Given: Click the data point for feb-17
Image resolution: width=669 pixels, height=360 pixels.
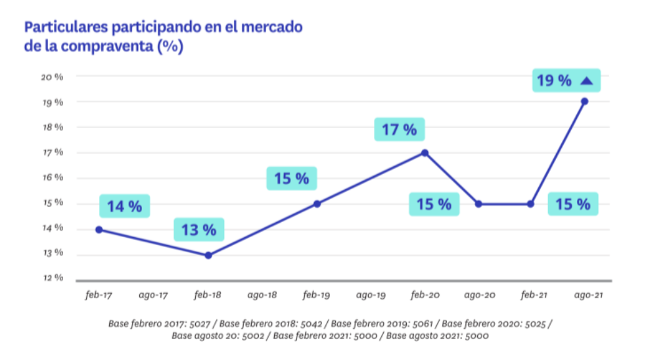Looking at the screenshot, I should pyautogui.click(x=99, y=229).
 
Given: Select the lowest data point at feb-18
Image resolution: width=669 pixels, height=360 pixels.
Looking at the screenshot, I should pyautogui.click(x=208, y=255).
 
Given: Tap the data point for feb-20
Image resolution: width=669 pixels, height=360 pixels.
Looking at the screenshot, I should pyautogui.click(x=425, y=153).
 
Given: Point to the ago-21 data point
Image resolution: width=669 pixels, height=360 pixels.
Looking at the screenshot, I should pyautogui.click(x=584, y=101).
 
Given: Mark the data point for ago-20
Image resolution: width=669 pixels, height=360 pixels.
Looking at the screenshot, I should pyautogui.click(x=478, y=204).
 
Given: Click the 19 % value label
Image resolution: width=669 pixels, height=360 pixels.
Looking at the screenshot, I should pyautogui.click(x=554, y=81).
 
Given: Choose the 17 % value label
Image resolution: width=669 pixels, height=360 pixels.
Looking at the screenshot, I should pyautogui.click(x=399, y=129).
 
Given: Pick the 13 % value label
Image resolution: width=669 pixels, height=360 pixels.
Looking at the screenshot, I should pyautogui.click(x=198, y=230).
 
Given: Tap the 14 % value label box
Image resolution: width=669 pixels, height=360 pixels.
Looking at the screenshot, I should pyautogui.click(x=124, y=206).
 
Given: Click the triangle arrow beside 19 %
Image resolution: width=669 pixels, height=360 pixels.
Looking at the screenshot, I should pyautogui.click(x=587, y=81).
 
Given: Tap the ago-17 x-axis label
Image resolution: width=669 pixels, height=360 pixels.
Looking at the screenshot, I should pyautogui.click(x=153, y=296).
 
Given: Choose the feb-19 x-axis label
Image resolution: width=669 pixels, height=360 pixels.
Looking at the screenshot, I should pyautogui.click(x=316, y=296).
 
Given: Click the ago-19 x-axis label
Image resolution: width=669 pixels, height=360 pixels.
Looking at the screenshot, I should pyautogui.click(x=371, y=296).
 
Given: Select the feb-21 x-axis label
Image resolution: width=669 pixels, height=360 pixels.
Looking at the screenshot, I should pyautogui.click(x=534, y=296).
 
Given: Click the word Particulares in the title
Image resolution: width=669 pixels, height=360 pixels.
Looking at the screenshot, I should pyautogui.click(x=65, y=28).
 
